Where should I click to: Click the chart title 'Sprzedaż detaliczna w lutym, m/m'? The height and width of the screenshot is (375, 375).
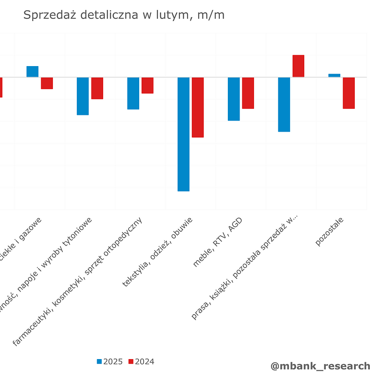(x=124, y=15)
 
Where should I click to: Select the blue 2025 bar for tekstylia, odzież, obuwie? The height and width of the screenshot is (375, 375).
(x=183, y=134)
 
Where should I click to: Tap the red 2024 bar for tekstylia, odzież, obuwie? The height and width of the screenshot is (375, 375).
(x=198, y=107)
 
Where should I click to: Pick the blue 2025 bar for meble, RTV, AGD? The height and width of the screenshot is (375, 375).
(x=234, y=99)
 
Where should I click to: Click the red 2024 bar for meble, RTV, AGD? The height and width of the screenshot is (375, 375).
(x=248, y=93)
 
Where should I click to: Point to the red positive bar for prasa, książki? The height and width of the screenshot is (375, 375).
(x=299, y=66)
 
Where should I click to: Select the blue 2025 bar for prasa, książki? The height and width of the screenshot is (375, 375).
(x=284, y=105)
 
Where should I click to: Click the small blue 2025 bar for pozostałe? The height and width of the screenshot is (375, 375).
(x=334, y=75)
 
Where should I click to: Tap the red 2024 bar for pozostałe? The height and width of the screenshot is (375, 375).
(x=349, y=93)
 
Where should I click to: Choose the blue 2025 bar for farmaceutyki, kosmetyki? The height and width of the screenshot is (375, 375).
(x=133, y=93)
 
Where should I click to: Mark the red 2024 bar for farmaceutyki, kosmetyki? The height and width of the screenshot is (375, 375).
(x=148, y=85)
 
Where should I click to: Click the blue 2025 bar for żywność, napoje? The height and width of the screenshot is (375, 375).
(x=83, y=96)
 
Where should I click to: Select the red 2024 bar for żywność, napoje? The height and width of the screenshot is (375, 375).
(x=97, y=88)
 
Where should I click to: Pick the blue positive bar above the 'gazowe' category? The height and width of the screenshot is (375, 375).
(x=32, y=72)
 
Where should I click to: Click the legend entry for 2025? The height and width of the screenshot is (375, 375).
(x=110, y=361)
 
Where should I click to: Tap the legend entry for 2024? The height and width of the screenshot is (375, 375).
(x=141, y=361)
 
